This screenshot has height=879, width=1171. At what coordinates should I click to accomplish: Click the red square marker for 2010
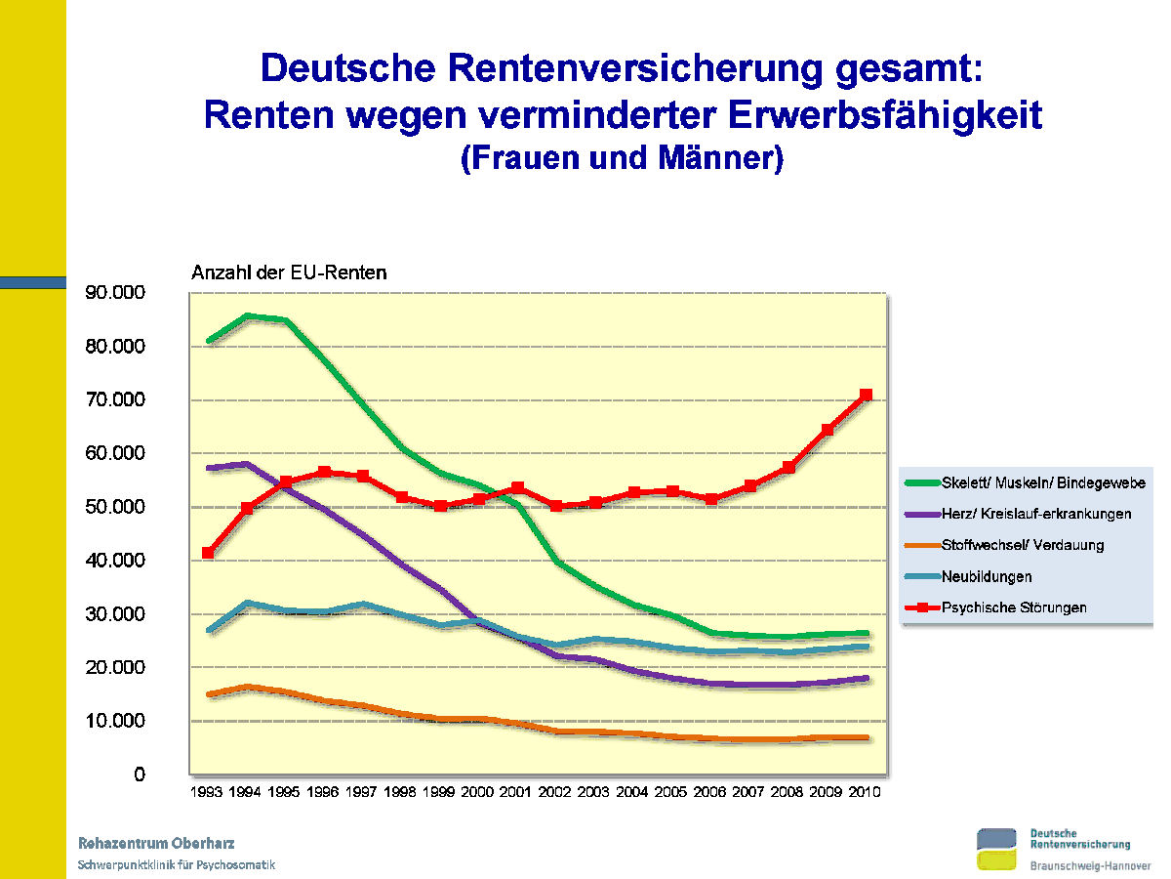866,395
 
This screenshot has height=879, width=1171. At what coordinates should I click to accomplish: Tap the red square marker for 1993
208,553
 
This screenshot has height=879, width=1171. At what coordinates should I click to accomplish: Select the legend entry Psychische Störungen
1014,607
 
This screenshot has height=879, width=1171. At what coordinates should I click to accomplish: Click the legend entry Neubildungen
987,576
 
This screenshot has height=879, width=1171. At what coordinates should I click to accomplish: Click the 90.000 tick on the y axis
116,293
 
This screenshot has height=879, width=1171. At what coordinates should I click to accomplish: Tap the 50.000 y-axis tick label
116,507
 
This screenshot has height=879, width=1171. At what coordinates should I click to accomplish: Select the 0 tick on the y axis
140,774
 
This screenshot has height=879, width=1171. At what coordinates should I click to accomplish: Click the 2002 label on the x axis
555,792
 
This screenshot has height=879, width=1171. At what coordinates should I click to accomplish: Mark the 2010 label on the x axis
865,792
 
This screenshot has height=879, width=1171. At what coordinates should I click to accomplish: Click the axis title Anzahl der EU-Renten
288,273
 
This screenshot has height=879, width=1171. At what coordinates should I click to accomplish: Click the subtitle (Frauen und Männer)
622,158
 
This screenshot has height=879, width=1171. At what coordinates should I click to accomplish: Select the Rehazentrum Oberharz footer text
156,843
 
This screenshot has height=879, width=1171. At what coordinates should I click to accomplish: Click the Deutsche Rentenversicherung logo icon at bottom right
1000,848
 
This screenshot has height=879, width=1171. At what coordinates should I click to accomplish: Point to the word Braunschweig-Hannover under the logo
1090,866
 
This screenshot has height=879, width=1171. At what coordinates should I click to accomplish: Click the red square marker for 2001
517,487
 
